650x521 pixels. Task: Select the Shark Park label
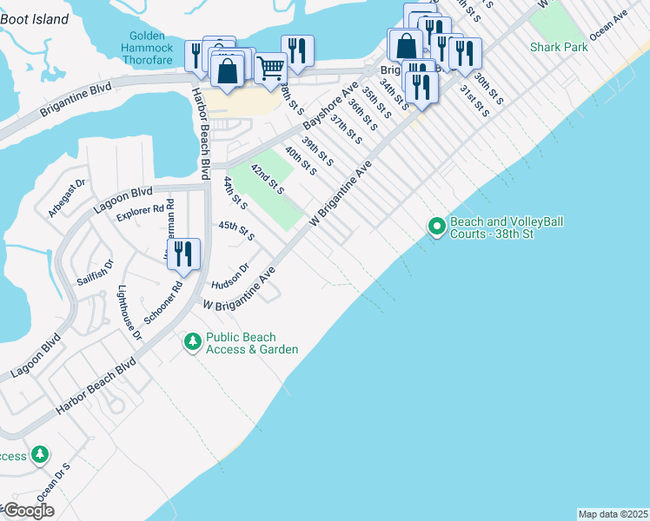pos(559,46)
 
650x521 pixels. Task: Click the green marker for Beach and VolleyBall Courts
pos(436,228)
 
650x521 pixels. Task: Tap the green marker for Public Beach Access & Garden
pos(193,343)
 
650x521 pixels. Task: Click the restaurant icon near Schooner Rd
pos(182,254)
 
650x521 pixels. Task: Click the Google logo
pos(28,511)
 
